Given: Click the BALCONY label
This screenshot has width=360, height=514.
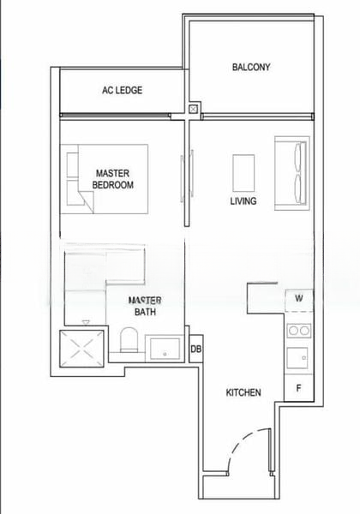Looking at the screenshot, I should tap(251, 67).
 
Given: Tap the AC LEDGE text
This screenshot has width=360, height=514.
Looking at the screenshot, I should tap(122, 90).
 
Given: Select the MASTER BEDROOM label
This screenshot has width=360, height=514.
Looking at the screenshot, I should tap(113, 179).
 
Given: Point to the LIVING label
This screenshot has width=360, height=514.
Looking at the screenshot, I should tap(243, 202).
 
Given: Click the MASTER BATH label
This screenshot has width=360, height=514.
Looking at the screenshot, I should tap(145, 306).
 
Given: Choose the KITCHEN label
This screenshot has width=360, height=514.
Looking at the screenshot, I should tap(243, 393).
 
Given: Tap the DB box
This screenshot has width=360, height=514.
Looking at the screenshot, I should tap(195, 350).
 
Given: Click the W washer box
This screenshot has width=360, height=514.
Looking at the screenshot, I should tap(299, 299).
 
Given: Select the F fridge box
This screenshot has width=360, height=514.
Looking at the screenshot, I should tap(299, 387).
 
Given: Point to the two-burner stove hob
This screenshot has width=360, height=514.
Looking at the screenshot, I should tap(299, 331).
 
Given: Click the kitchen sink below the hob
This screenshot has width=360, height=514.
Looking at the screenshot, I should tap(299, 357).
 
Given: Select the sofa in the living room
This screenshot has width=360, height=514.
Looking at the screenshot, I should tap(291, 172).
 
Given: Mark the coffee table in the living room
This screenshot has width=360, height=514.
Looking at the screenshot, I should tap(244, 172).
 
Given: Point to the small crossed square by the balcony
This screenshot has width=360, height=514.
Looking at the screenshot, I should tap(195, 110).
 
